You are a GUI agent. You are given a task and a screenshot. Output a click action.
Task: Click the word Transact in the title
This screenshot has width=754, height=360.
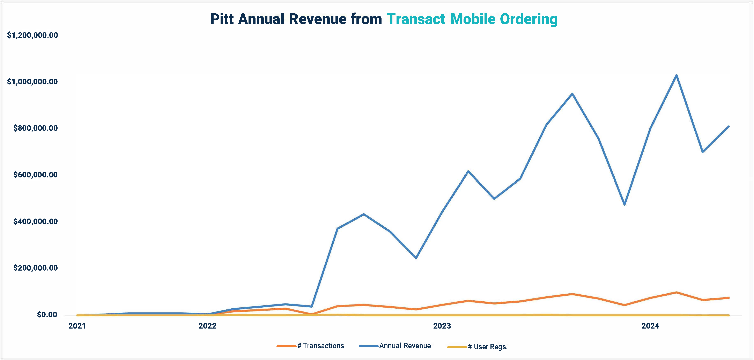click(x=416, y=19)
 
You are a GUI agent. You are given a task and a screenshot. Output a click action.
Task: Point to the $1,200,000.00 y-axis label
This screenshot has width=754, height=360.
click(x=32, y=35)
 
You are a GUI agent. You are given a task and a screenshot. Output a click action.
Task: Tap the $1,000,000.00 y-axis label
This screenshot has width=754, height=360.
click(x=32, y=82)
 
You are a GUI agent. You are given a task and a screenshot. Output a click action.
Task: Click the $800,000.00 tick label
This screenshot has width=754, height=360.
click(x=35, y=128)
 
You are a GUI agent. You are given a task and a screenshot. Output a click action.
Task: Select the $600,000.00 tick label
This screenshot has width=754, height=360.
click(x=35, y=175)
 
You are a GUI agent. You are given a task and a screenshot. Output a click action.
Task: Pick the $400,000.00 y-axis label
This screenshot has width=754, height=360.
click(x=35, y=221)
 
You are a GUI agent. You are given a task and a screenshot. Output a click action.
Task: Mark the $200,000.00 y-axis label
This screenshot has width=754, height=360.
click(x=35, y=268)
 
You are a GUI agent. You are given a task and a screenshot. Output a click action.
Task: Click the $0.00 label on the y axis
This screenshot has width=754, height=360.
click(x=47, y=315)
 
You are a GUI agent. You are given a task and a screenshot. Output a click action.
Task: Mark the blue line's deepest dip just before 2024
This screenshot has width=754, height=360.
click(x=625, y=204)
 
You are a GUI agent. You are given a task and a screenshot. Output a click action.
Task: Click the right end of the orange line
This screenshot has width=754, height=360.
click(x=729, y=298)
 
